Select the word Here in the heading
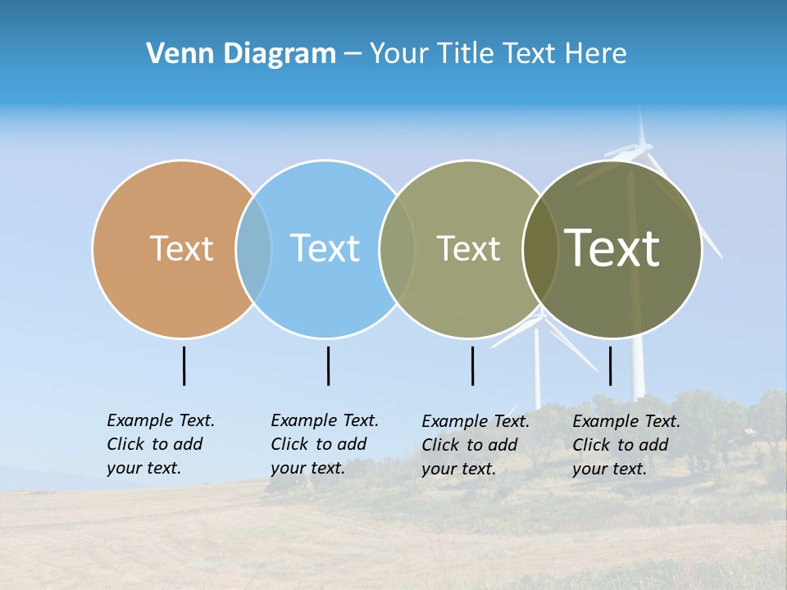(595, 54)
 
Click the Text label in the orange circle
(181, 248)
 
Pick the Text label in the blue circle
(325, 248)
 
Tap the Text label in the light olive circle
(468, 248)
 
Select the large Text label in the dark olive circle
(612, 248)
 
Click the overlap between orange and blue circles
(253, 248)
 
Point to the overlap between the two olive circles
(540, 248)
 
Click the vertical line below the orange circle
(184, 365)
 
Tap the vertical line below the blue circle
(328, 365)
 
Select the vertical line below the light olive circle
(473, 365)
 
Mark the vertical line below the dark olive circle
(611, 365)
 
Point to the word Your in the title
(399, 54)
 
